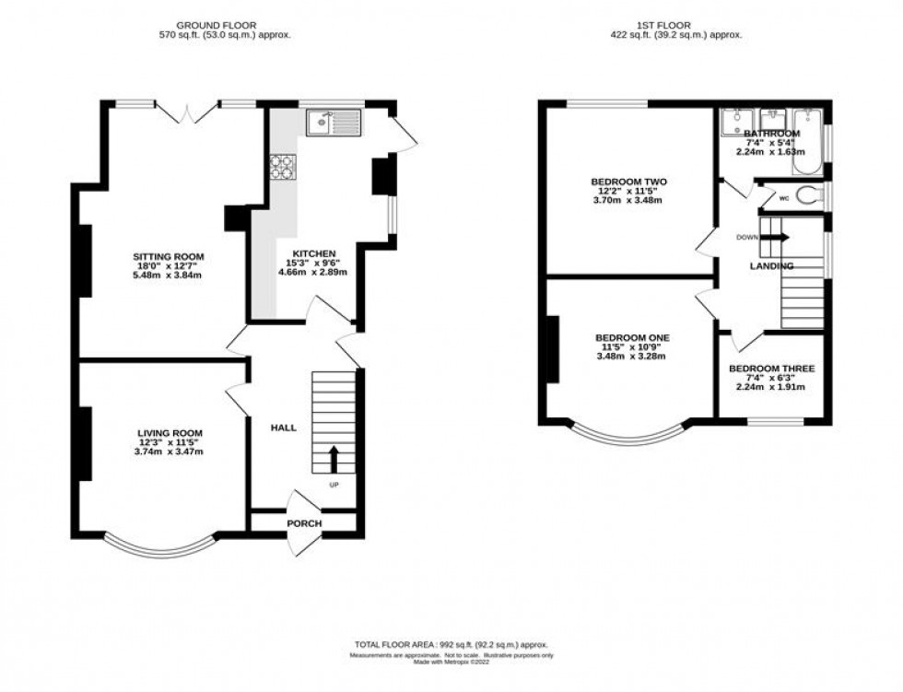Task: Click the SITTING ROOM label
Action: coord(169,256)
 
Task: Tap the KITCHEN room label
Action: coord(315,253)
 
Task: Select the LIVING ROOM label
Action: coord(170,432)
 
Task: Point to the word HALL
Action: coord(283,428)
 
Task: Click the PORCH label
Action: coord(304,523)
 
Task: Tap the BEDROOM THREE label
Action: coord(771,369)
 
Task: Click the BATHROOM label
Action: coord(772,134)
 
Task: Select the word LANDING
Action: coord(770,265)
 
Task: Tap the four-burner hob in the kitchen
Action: coord(282,166)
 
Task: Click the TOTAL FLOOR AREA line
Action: coord(451,645)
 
